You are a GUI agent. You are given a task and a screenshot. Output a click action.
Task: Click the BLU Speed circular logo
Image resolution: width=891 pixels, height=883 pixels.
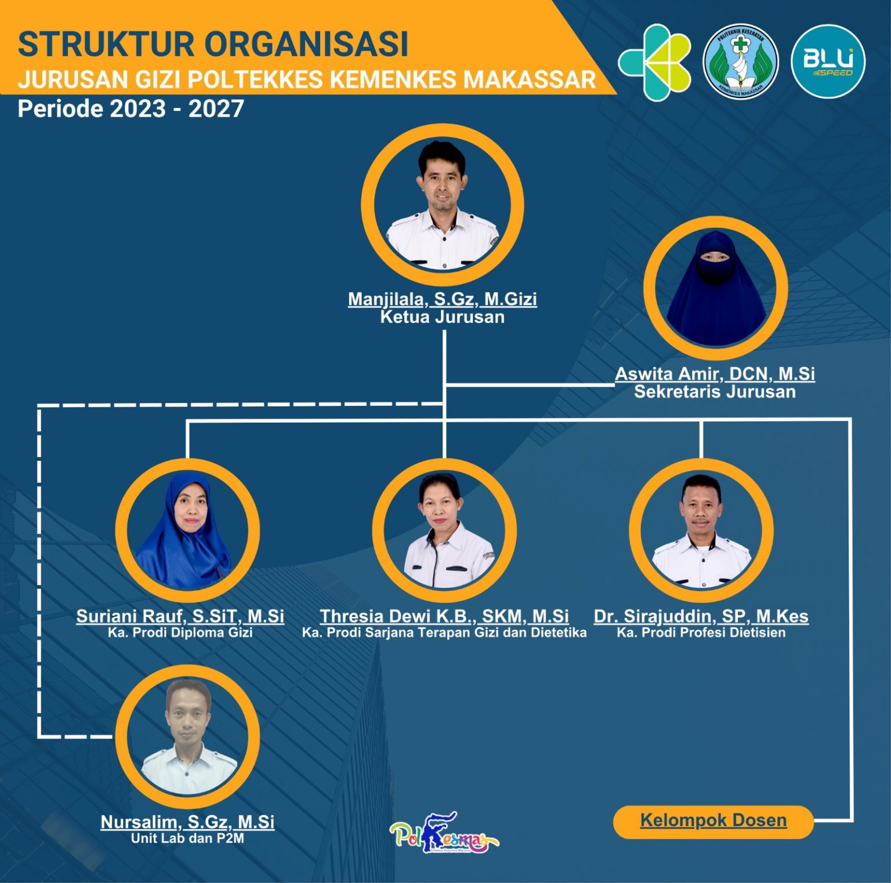point(828,61)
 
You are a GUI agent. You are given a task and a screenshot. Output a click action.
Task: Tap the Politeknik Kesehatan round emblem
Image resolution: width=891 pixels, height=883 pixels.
point(741,61)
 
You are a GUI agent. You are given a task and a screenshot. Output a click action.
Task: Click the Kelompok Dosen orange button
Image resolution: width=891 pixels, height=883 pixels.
point(713,821)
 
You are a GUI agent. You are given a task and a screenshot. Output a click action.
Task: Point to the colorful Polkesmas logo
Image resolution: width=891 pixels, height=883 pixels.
point(444,833)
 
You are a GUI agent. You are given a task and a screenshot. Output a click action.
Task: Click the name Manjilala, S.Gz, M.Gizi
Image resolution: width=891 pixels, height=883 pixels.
point(443,299)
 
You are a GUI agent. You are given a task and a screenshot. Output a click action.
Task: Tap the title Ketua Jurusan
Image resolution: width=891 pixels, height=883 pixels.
point(443,317)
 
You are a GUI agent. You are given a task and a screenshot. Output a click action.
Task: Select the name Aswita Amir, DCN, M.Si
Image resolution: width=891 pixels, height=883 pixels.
point(715,374)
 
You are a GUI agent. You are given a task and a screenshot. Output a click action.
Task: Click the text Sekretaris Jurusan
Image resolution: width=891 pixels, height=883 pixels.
point(715,392)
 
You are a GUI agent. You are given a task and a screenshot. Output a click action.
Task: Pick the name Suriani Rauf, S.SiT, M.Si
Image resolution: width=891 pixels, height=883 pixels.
point(180,616)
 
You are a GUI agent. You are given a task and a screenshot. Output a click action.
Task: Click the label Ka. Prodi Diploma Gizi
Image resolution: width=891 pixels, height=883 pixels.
point(180,633)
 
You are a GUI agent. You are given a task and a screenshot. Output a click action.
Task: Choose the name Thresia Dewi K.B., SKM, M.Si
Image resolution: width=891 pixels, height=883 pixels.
point(444,616)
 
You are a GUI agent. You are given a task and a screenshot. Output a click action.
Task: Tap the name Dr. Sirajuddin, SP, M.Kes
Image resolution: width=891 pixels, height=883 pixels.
point(701,616)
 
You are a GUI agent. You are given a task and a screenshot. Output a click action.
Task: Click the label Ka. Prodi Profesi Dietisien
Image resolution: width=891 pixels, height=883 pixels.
point(701,633)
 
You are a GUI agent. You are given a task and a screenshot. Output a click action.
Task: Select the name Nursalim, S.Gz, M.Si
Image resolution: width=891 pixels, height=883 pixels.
point(187,822)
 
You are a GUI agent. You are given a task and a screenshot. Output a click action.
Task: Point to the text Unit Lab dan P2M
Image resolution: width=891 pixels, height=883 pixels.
point(187,838)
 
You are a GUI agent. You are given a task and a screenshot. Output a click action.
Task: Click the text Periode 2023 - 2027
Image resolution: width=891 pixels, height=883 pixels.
point(131,108)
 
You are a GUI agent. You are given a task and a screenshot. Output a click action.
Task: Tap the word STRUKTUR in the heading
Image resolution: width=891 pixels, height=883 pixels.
point(106,44)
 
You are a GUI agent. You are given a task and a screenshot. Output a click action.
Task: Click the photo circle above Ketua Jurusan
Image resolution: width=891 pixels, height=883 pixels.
point(443,205)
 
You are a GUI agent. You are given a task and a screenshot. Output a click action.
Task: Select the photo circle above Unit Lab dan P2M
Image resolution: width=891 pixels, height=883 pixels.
point(187,736)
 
